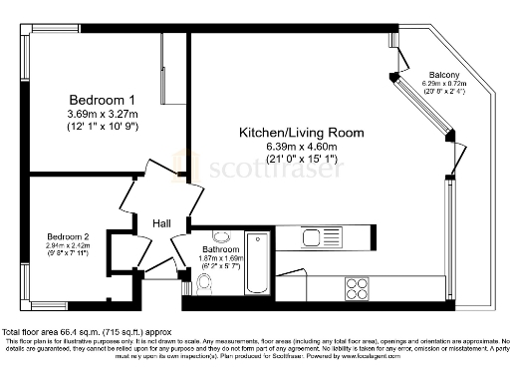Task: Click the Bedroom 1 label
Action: [101, 100]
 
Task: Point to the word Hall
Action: [160, 223]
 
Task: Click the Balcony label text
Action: [443, 76]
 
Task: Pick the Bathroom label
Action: [219, 249]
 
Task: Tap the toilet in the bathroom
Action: [205, 284]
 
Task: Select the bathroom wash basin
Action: [221, 237]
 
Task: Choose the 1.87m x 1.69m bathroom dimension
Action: [219, 258]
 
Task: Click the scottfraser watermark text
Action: [259, 168]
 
